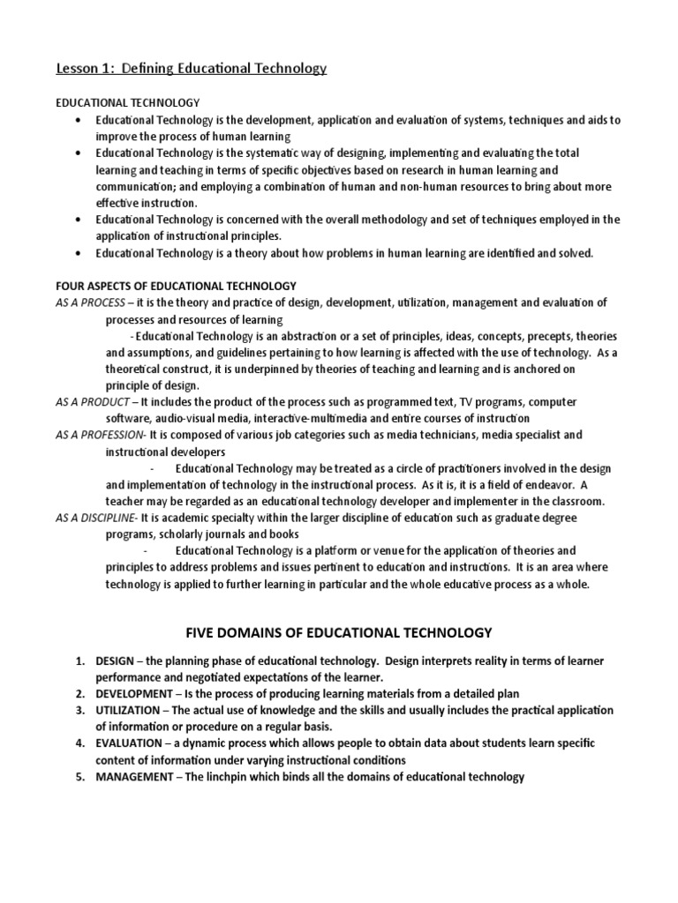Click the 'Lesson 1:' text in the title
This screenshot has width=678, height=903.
[83, 68]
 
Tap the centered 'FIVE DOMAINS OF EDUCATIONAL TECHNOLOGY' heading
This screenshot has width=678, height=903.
[339, 633]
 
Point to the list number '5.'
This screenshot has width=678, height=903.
[80, 777]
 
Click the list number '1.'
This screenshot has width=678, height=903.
[80, 661]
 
